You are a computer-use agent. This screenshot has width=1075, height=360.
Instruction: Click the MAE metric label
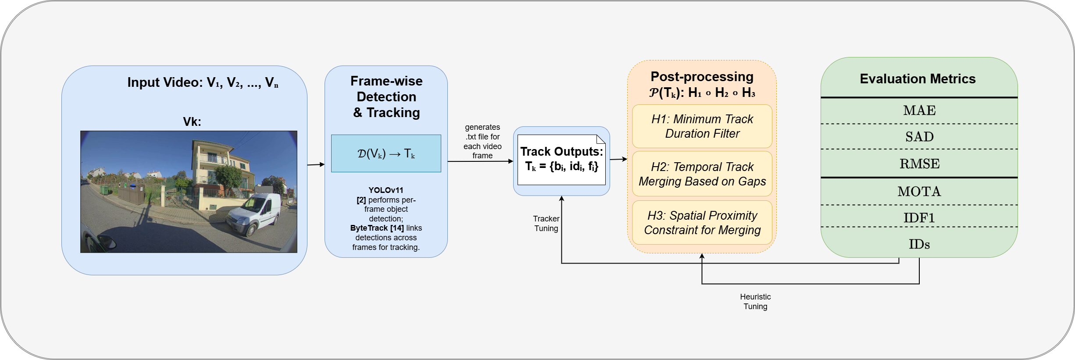(x=919, y=110)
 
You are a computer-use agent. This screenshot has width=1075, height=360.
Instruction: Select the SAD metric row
(x=919, y=137)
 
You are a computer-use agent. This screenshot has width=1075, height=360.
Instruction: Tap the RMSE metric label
(x=919, y=164)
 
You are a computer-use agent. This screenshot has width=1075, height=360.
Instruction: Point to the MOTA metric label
(x=919, y=192)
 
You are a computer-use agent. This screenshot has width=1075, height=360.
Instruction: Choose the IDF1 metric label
(x=919, y=218)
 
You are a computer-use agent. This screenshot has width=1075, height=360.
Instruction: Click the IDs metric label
(x=919, y=244)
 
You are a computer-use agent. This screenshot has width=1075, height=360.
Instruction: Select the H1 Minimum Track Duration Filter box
(x=702, y=126)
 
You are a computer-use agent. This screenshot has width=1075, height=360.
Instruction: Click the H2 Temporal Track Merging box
(x=702, y=174)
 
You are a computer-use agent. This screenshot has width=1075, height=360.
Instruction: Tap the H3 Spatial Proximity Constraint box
(x=702, y=223)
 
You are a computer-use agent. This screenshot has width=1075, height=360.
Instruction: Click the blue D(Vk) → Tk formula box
(x=386, y=153)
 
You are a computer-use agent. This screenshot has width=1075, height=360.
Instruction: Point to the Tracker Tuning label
(x=546, y=224)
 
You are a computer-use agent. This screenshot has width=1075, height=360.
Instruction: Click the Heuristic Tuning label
(x=755, y=302)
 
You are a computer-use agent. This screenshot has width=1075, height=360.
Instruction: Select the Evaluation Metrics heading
(x=918, y=79)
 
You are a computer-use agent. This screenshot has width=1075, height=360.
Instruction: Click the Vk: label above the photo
(x=192, y=122)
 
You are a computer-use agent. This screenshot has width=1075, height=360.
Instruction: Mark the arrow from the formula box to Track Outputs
(x=480, y=161)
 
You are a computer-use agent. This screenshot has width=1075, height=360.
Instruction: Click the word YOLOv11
(x=386, y=190)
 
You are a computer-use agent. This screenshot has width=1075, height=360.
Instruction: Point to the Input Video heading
(x=203, y=82)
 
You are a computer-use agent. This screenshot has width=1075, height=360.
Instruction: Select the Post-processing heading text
(x=702, y=77)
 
